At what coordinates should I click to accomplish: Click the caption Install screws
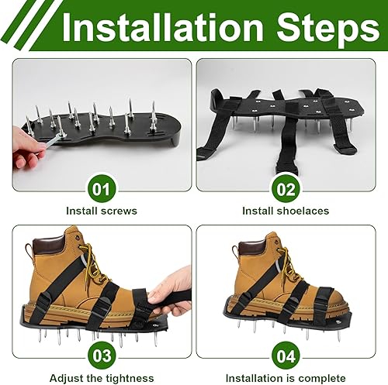(102, 211)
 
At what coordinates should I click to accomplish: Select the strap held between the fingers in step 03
(163, 299)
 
